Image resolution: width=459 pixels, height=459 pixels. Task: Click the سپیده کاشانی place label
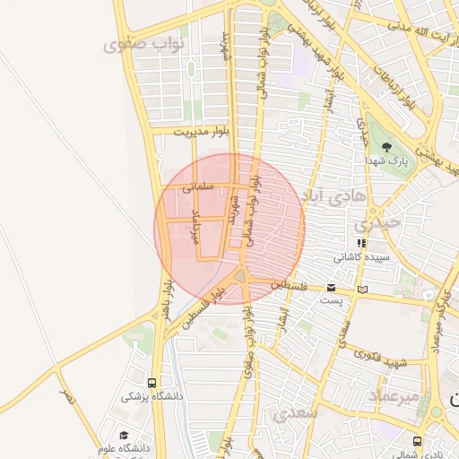[362, 256]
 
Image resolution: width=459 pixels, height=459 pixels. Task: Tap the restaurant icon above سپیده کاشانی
[361, 242]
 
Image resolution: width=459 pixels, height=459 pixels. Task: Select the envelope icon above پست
[332, 288]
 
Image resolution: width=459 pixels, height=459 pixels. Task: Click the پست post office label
[332, 300]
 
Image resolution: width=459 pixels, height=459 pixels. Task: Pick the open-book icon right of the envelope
[362, 289]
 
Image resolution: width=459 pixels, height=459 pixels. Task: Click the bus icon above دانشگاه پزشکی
[152, 381]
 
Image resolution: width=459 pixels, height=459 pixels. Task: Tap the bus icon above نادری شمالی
[418, 441]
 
